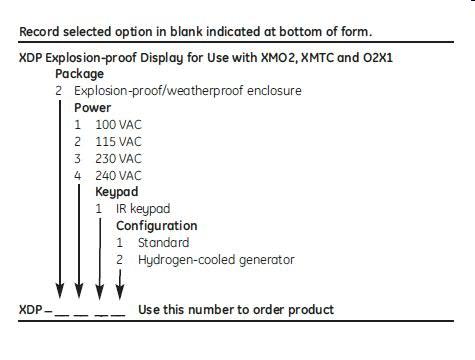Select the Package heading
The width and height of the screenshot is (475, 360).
pyautogui.click(x=79, y=74)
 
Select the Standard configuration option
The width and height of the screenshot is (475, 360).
pyautogui.click(x=162, y=242)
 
